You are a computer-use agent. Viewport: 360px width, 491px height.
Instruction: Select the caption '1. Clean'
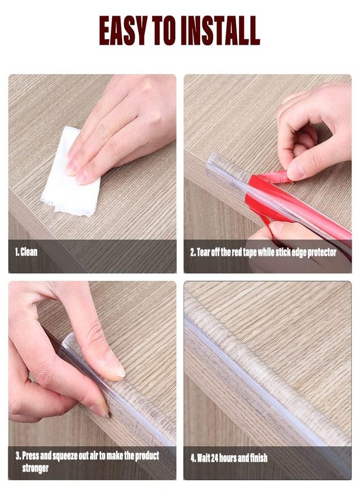26,253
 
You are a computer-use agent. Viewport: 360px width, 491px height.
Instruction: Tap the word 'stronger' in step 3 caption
35,468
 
